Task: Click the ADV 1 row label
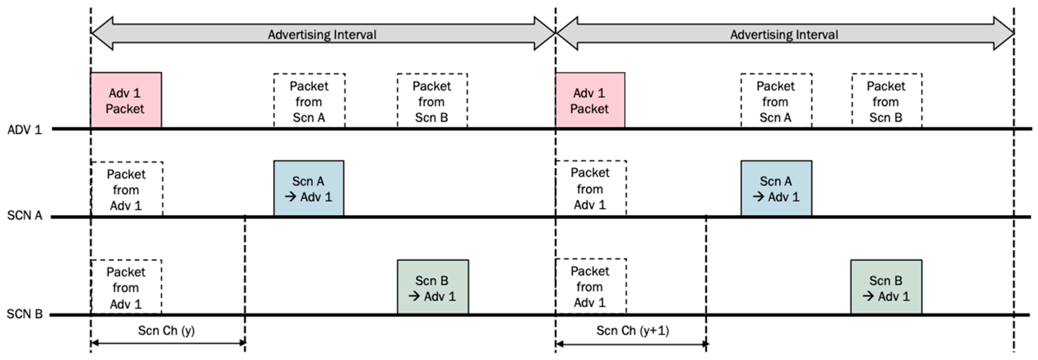click(24, 130)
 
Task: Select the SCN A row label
click(24, 216)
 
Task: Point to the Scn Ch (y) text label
click(166, 331)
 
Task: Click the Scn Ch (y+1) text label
click(632, 331)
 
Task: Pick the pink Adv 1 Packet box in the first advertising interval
click(126, 100)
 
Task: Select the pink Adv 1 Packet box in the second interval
click(590, 100)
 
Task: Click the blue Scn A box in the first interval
click(309, 188)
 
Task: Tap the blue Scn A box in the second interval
click(776, 188)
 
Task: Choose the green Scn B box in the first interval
click(433, 287)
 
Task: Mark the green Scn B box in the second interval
click(886, 287)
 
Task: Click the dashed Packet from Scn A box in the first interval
click(309, 101)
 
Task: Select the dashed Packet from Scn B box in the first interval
click(432, 101)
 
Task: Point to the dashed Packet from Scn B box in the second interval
click(886, 101)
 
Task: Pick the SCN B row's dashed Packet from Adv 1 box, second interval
click(590, 286)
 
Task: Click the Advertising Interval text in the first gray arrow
click(322, 35)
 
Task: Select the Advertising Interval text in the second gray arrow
click(784, 35)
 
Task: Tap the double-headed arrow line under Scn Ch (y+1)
click(632, 344)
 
